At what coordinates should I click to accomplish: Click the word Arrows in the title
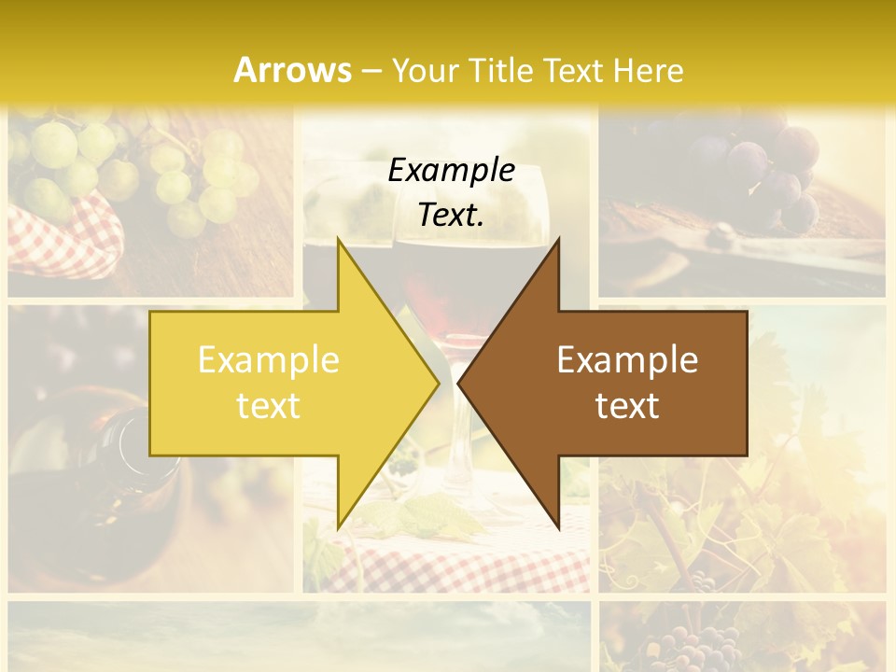click(x=292, y=70)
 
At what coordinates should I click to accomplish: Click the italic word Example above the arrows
click(x=451, y=171)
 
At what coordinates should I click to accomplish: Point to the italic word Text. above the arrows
click(x=451, y=215)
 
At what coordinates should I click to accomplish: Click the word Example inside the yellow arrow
click(x=269, y=360)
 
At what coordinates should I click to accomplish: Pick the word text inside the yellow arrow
click(x=269, y=405)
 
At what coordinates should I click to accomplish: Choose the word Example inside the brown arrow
click(x=627, y=360)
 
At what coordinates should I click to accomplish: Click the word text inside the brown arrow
click(x=627, y=405)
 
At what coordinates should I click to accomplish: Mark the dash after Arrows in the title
click(x=371, y=70)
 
